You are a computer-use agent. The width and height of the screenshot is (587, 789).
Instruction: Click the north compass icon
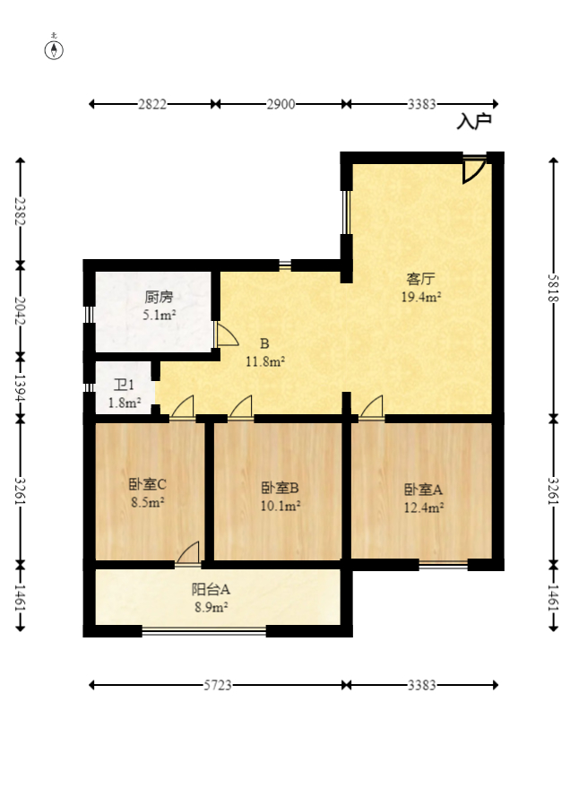point(55,48)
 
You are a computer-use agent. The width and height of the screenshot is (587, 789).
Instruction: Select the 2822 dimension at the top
point(152,104)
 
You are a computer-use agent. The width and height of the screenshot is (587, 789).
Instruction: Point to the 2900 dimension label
point(281,104)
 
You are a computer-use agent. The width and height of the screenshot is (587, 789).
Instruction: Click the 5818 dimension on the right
point(554,289)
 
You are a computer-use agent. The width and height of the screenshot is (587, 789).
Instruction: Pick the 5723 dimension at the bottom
point(217,685)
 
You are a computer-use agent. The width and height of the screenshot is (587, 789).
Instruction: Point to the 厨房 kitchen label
point(158,297)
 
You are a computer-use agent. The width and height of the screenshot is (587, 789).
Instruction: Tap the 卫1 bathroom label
point(124,386)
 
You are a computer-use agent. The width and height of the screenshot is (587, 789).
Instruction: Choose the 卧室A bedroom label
point(423,490)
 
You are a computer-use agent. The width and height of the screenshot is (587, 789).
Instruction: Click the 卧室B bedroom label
point(280,489)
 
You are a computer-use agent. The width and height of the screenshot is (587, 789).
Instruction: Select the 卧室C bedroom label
point(148,485)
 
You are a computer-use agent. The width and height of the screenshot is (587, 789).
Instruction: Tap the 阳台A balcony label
point(211,589)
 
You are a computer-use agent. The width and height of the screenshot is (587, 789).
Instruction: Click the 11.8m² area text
point(265,361)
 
